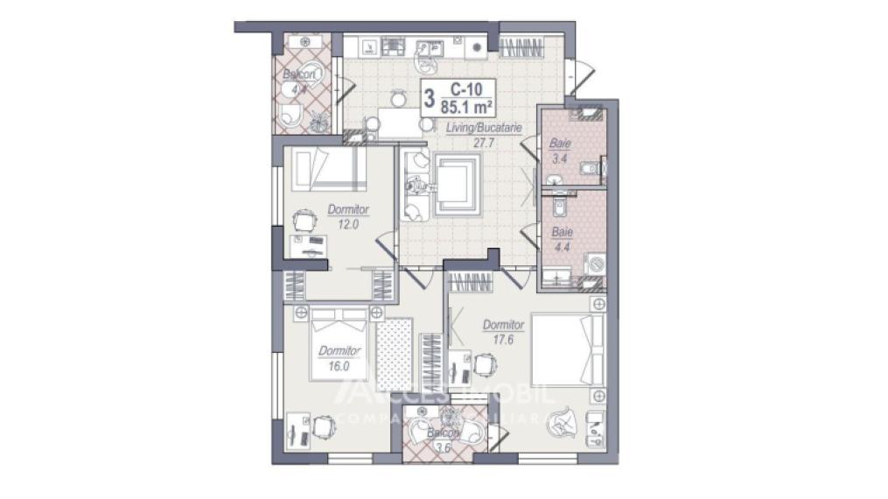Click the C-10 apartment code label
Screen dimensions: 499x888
point(466,88)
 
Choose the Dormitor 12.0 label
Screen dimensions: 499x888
point(348,216)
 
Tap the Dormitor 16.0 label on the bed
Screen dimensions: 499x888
point(334,358)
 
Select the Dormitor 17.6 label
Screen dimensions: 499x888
point(503,332)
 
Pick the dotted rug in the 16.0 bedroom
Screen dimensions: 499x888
point(394,355)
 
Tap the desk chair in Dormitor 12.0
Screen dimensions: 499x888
point(304,220)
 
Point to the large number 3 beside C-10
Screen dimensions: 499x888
point(429,97)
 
